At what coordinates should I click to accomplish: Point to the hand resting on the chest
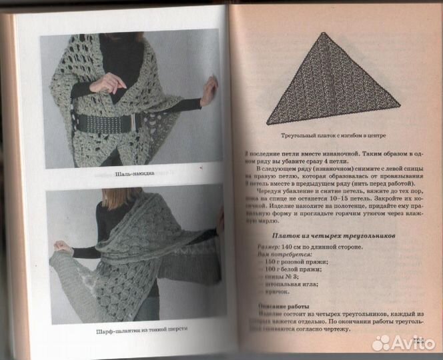click(105, 83)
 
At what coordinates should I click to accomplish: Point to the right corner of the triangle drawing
click(399, 105)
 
